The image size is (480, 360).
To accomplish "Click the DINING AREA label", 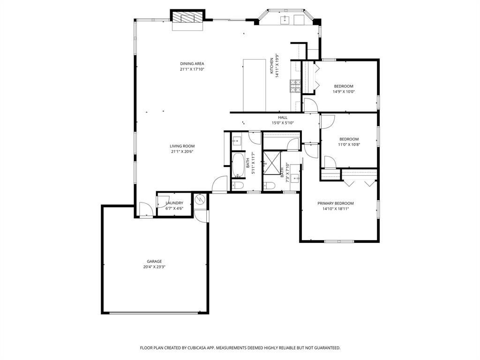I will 192,64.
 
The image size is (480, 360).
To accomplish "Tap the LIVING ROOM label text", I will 182,146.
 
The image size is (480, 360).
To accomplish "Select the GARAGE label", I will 154,262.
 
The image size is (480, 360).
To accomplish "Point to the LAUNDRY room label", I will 174,203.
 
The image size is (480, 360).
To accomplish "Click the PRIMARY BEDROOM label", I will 336,203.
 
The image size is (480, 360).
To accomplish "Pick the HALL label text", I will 283,118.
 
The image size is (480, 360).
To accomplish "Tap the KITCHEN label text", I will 271,66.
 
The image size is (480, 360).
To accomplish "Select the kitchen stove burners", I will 295,86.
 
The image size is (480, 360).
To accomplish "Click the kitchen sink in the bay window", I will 285,19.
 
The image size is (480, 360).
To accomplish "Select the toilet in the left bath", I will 238,186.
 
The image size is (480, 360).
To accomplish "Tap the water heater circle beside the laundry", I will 199,200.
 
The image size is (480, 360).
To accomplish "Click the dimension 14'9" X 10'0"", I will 344,92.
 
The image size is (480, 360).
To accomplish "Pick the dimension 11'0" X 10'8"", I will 349,145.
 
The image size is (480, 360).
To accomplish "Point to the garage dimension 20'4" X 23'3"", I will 154,267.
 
